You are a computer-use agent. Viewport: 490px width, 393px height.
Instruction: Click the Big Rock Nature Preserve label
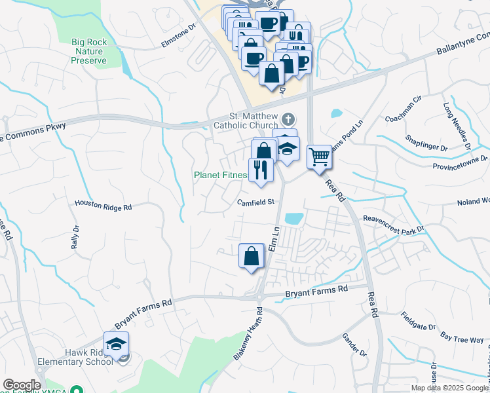point(89,51)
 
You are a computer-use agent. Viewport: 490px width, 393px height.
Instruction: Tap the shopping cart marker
point(319,157)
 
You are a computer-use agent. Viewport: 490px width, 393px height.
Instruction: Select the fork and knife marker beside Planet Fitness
point(261,170)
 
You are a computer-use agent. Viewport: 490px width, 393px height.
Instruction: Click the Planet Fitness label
point(221,176)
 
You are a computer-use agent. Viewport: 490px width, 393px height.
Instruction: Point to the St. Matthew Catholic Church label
point(252,120)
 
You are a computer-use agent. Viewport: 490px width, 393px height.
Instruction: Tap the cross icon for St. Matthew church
point(288,120)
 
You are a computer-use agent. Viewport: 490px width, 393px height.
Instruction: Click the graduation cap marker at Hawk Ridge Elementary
point(116,343)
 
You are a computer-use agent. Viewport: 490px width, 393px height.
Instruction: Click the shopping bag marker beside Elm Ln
point(252,255)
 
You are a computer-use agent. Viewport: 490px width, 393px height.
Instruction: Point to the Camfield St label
point(255,202)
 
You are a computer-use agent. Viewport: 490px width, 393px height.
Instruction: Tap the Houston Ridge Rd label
point(104,206)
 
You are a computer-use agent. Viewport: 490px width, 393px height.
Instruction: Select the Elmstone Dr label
point(179,37)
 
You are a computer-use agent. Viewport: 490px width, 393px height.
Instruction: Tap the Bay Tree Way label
point(462,337)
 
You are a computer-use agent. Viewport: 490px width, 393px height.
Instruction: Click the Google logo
point(22,385)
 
